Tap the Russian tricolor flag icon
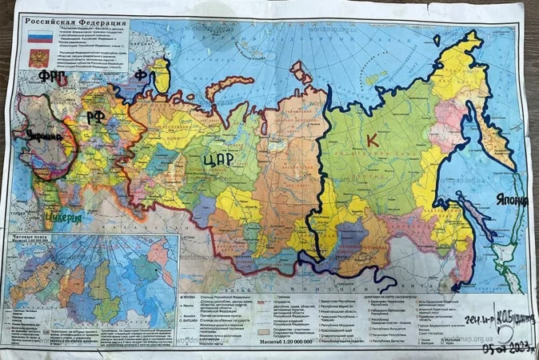coord(37,38)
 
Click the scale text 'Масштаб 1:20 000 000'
coord(289,341)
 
